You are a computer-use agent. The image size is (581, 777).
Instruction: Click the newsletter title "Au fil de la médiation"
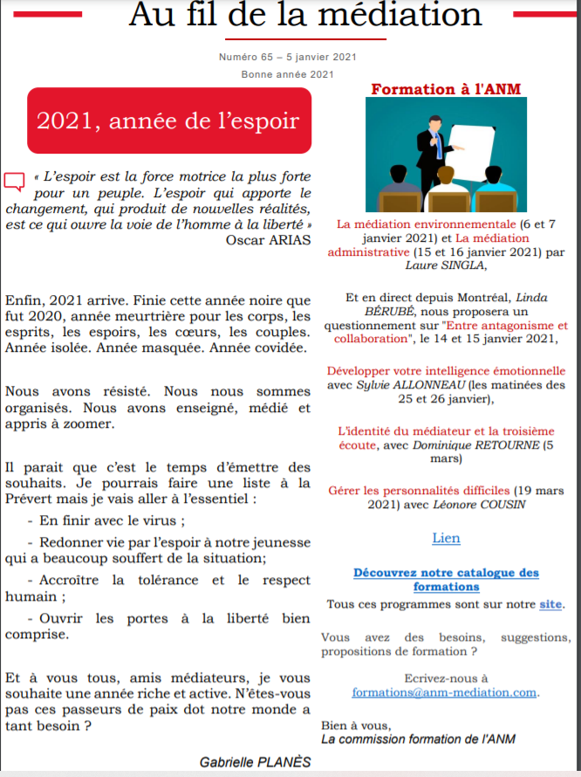pos(305,15)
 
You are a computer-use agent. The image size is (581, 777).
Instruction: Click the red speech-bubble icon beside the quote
pos(14,182)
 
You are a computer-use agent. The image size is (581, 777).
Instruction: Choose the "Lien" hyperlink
pos(446,538)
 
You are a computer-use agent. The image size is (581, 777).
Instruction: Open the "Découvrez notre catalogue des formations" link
pos(446,580)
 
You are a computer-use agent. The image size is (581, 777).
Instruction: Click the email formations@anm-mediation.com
pos(445,692)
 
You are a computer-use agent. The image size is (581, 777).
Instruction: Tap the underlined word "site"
pos(550,603)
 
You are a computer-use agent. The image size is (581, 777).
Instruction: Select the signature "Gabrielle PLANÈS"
pos(255,761)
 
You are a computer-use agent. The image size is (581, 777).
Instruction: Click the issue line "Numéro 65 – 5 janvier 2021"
pos(287,57)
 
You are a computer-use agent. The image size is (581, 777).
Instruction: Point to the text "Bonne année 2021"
pos(287,74)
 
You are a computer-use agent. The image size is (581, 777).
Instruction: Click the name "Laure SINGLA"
pos(446,265)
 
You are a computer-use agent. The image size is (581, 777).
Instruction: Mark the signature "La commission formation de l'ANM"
pos(418,739)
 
